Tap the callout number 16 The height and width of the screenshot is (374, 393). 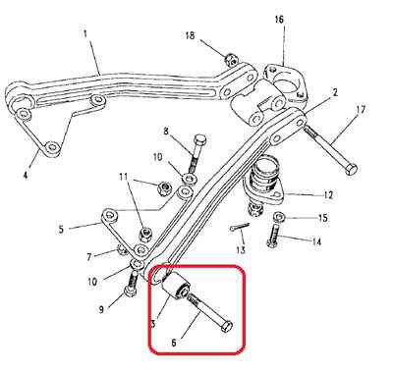(279, 20)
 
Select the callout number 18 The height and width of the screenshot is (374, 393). (190, 35)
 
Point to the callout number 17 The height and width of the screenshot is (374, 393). (360, 109)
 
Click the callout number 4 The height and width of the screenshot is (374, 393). (26, 175)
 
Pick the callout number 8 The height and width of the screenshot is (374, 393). (166, 132)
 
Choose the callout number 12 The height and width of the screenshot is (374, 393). (328, 195)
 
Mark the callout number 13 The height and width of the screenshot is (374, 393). (241, 250)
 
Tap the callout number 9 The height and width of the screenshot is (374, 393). (101, 308)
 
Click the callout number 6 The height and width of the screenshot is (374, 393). (174, 343)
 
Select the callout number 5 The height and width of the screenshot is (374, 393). (61, 229)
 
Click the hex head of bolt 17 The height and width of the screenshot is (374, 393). (351, 170)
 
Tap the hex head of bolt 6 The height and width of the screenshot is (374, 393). (227, 327)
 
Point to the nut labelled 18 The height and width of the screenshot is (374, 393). (232, 60)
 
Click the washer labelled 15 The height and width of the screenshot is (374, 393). (279, 217)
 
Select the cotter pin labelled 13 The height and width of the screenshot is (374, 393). (240, 227)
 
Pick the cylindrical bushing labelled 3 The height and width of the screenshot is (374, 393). (175, 287)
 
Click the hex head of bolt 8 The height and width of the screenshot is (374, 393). (200, 139)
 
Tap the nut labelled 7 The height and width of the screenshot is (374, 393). (122, 250)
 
